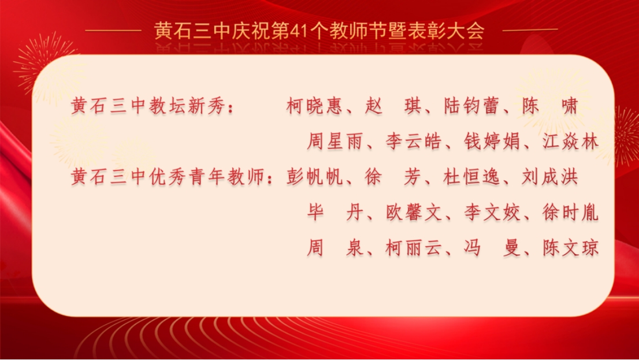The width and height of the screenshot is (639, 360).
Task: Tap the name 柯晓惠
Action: click(x=314, y=106)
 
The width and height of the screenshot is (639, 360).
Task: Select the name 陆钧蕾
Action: click(x=471, y=106)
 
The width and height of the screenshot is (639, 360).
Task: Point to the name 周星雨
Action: click(x=335, y=142)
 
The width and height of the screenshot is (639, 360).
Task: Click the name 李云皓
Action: click(x=413, y=142)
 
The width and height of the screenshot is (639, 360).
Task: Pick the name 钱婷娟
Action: click(x=492, y=142)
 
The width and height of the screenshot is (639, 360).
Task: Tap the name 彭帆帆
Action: click(x=314, y=177)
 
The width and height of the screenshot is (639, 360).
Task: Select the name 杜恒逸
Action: click(x=471, y=177)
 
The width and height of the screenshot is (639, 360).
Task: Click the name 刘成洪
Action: click(x=550, y=177)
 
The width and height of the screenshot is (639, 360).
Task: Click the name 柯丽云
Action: click(x=413, y=248)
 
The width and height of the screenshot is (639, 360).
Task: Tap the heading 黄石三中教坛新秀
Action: click(x=148, y=106)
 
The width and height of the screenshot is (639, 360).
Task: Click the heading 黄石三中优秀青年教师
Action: click(x=168, y=177)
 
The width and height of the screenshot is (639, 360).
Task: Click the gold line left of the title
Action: click(x=113, y=30)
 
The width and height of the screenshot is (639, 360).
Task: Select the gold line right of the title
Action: click(x=530, y=30)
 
